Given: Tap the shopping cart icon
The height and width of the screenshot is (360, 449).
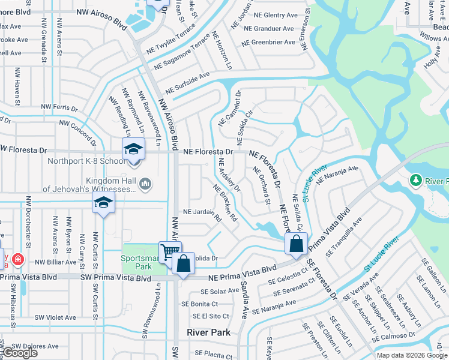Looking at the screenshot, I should (170, 252).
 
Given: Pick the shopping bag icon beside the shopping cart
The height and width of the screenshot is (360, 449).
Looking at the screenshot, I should (184, 263).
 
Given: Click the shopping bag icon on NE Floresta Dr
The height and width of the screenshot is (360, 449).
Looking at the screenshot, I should (296, 244).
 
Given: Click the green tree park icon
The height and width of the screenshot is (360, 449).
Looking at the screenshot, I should (415, 180).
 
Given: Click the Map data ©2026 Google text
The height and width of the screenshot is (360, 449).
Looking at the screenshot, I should (412, 355).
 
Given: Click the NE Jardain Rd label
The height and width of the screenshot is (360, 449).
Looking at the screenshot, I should (202, 214).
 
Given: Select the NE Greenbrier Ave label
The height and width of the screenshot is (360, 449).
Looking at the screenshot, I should (269, 43).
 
